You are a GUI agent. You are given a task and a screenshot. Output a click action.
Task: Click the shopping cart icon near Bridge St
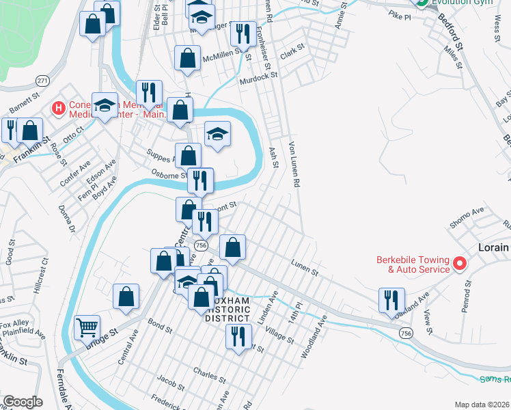87,328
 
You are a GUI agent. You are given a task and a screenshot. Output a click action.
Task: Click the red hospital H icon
58,107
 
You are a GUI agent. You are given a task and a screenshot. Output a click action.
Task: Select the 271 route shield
42,81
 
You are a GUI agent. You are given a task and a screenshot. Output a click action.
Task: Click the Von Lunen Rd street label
295,165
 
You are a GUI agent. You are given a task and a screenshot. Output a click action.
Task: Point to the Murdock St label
256,79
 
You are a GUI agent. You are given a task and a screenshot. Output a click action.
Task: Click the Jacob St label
171,379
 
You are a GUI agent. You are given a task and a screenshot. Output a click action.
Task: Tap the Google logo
23,402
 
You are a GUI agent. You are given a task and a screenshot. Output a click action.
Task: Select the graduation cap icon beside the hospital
105,105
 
